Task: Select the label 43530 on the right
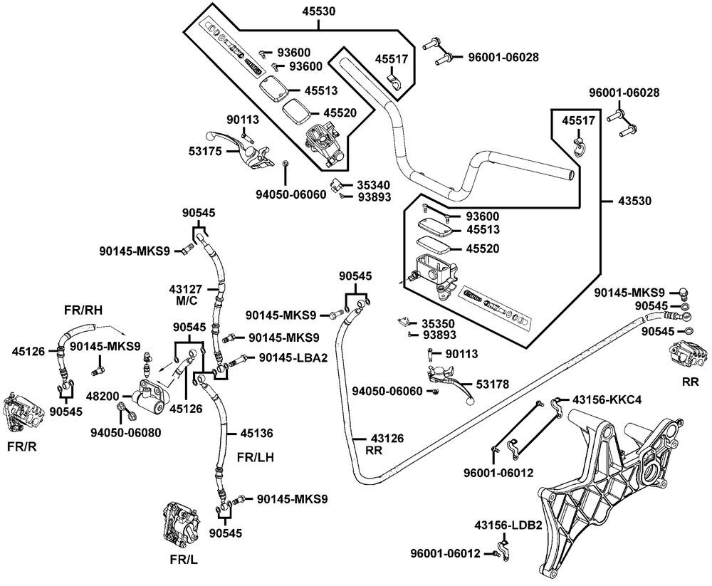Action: coord(633,202)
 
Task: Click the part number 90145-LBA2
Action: coord(293,357)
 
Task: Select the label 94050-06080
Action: coord(125,431)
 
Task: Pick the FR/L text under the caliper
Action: coord(182,559)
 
